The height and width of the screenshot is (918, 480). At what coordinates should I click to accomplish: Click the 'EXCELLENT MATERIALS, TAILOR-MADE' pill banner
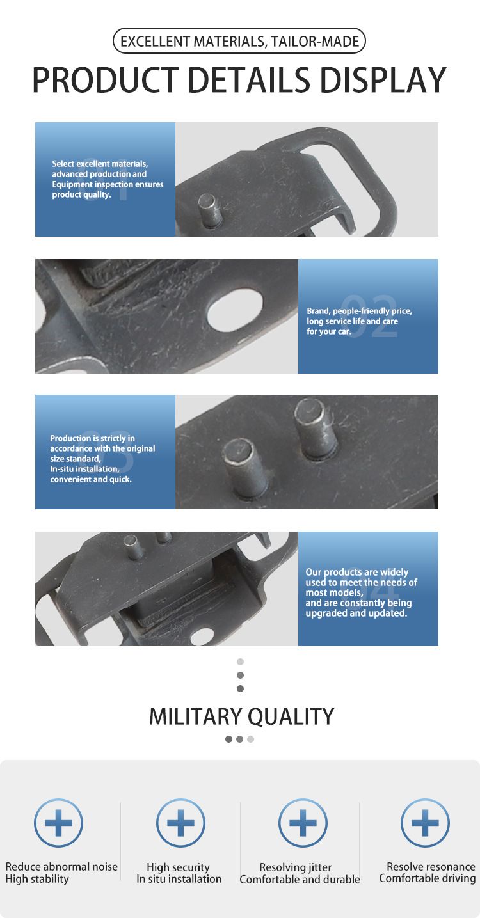click(x=239, y=41)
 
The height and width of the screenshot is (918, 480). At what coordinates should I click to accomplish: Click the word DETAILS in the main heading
click(x=249, y=79)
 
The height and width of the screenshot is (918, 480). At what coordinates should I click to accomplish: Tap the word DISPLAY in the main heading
click(x=383, y=79)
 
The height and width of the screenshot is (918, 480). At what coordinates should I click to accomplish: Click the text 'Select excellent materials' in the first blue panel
click(x=100, y=164)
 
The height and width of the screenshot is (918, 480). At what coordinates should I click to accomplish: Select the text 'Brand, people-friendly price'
click(x=359, y=311)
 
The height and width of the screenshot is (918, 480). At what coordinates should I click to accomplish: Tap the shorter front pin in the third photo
click(x=245, y=468)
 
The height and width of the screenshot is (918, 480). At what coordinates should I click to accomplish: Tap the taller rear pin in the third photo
click(x=316, y=427)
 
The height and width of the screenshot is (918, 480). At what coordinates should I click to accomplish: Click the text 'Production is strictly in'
click(x=92, y=438)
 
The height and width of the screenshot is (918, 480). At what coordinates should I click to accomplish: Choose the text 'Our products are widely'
click(x=356, y=572)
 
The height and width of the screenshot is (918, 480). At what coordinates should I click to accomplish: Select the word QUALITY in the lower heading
click(x=291, y=717)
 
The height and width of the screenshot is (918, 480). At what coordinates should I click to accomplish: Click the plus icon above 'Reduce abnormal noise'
click(x=59, y=823)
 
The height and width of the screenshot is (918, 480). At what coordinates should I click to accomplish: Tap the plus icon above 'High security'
click(x=180, y=823)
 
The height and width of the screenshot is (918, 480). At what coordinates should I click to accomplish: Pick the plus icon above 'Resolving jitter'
click(x=303, y=823)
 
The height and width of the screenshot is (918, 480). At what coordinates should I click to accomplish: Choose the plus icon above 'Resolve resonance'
click(x=425, y=823)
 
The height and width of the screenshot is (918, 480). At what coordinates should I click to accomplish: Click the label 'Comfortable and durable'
click(x=300, y=880)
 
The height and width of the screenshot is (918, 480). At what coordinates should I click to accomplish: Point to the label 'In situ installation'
click(x=179, y=879)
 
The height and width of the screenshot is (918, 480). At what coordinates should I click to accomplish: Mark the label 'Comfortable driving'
click(x=427, y=879)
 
